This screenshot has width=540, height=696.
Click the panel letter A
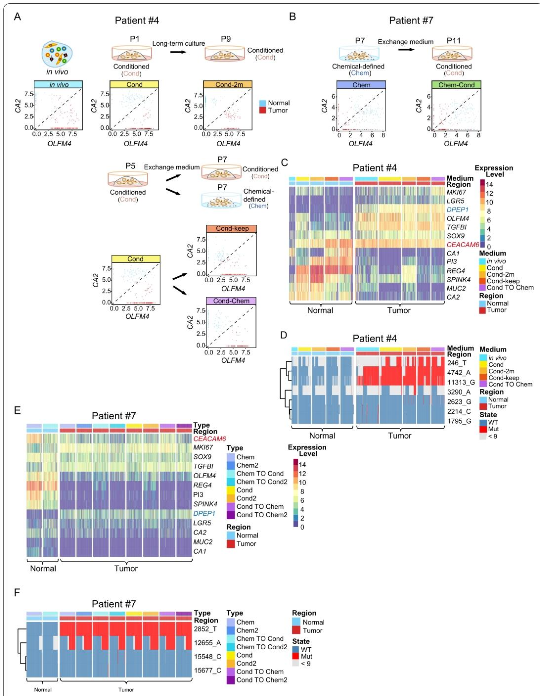(18, 17)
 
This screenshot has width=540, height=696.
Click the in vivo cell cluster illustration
(57, 54)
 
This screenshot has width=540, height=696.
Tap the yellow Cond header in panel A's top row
(134, 85)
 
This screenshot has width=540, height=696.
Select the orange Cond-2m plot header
(228, 85)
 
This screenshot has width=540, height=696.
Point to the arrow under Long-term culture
(178, 52)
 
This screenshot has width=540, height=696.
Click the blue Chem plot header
(361, 85)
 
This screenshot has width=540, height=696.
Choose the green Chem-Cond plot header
(456, 85)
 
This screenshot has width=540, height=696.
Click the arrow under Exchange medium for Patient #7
(406, 50)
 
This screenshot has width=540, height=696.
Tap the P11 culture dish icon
(452, 54)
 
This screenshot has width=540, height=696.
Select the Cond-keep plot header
(232, 229)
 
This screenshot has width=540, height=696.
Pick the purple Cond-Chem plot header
(231, 301)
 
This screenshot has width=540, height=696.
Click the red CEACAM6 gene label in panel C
(463, 245)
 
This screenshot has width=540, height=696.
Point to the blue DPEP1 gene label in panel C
(457, 210)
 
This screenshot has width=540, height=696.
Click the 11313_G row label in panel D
(461, 382)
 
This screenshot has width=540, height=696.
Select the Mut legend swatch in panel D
(483, 429)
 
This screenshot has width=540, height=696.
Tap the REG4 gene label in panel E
(203, 485)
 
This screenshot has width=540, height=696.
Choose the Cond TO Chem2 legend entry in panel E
(262, 515)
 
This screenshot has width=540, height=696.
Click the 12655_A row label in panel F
(207, 643)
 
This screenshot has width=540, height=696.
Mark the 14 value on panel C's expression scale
(489, 185)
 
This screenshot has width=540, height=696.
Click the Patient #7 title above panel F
(114, 604)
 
